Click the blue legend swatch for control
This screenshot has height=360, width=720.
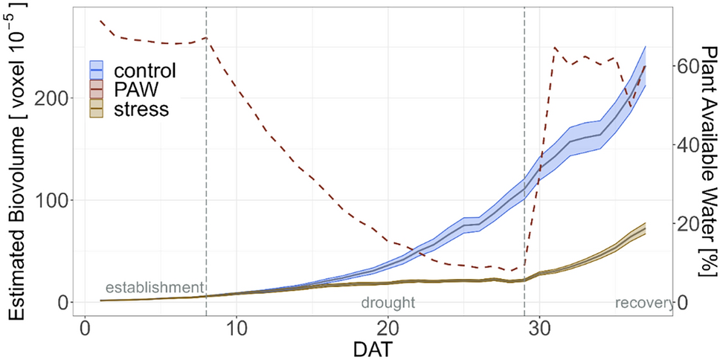click(x=96, y=71)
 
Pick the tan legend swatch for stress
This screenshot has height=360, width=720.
click(x=96, y=109)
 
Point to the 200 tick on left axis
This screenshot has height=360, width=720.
click(x=52, y=98)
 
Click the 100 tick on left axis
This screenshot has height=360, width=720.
click(x=52, y=201)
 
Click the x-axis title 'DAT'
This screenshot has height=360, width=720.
click(x=373, y=347)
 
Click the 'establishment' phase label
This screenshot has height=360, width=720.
click(x=154, y=288)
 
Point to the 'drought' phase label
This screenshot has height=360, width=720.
click(x=388, y=303)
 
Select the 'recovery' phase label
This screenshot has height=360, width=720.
click(x=644, y=303)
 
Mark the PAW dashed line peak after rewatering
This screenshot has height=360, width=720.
click(x=554, y=48)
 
